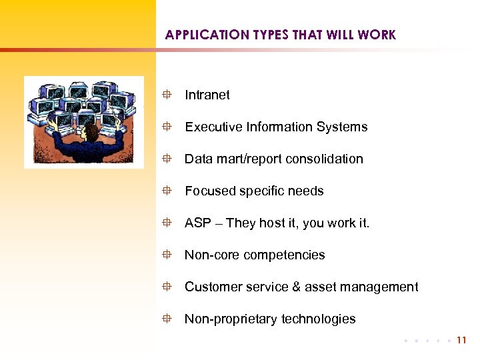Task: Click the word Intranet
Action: point(207,95)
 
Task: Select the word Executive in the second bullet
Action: point(211,127)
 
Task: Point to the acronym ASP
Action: point(198,223)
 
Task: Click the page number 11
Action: point(462,340)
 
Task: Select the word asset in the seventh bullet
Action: point(319,287)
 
